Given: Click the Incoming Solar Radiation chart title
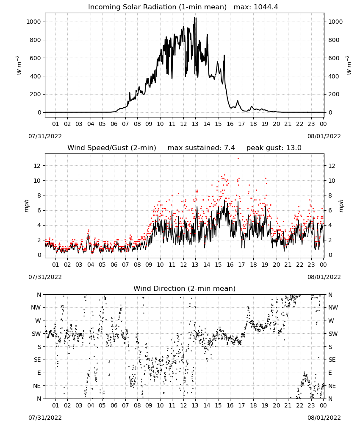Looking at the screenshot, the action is tap(157, 7).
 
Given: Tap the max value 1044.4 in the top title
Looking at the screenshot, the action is tap(266, 7).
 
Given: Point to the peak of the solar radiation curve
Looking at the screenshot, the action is tap(194, 17).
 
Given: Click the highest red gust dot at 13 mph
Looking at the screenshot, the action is tap(238, 158).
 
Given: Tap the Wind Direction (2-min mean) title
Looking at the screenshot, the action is tap(185, 288).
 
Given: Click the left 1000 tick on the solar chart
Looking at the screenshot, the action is tap(34, 22).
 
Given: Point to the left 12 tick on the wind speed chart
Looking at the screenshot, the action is tap(37, 165).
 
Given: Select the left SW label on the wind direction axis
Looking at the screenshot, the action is tap(36, 334).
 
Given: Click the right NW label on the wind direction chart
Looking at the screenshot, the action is tap(333, 307).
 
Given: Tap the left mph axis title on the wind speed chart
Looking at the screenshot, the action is tap(26, 206).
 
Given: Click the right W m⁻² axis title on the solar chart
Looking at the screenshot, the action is tap(349, 65).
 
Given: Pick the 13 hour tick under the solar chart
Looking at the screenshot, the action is tap(195, 124).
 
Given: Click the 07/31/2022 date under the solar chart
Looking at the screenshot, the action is tap(45, 136).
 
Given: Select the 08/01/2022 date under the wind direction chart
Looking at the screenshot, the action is tap(324, 418).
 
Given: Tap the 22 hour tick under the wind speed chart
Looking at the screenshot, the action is tap(299, 265).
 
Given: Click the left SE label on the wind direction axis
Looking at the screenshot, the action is tap(37, 360).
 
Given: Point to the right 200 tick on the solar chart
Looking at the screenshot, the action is tap(334, 94).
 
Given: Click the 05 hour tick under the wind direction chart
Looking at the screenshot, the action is tap(102, 405).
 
